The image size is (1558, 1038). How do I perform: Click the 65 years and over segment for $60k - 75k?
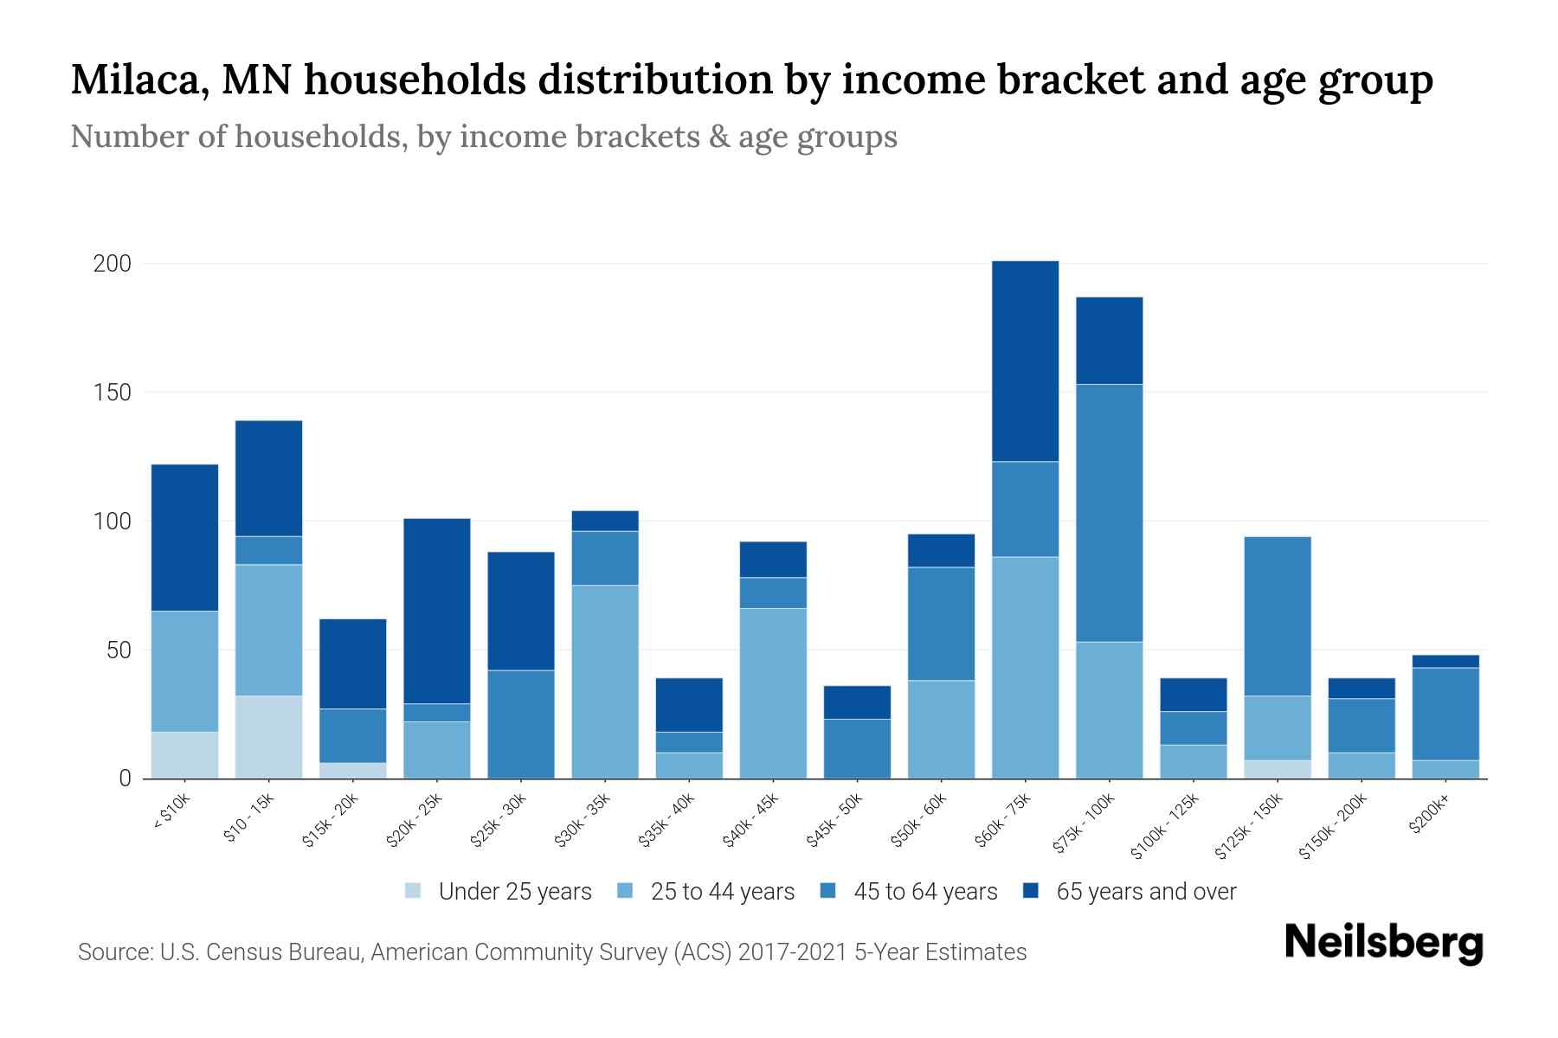1025,361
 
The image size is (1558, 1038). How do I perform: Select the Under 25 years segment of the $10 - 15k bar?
268,737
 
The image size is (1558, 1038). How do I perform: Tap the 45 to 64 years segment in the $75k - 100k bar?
1109,513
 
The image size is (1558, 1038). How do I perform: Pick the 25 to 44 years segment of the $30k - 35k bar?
605,682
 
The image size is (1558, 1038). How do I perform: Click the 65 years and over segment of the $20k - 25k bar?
437,611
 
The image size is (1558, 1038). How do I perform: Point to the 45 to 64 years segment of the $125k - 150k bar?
1278,616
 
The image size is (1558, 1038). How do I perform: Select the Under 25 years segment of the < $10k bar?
184,755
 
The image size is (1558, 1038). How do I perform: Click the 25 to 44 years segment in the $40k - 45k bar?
773,693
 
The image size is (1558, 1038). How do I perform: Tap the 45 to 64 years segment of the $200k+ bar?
1445,714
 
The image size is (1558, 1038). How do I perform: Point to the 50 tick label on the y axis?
119,650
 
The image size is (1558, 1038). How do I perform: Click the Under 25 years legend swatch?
413,891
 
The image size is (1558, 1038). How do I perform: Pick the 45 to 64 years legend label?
925,892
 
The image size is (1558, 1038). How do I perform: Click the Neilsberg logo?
1384,944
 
